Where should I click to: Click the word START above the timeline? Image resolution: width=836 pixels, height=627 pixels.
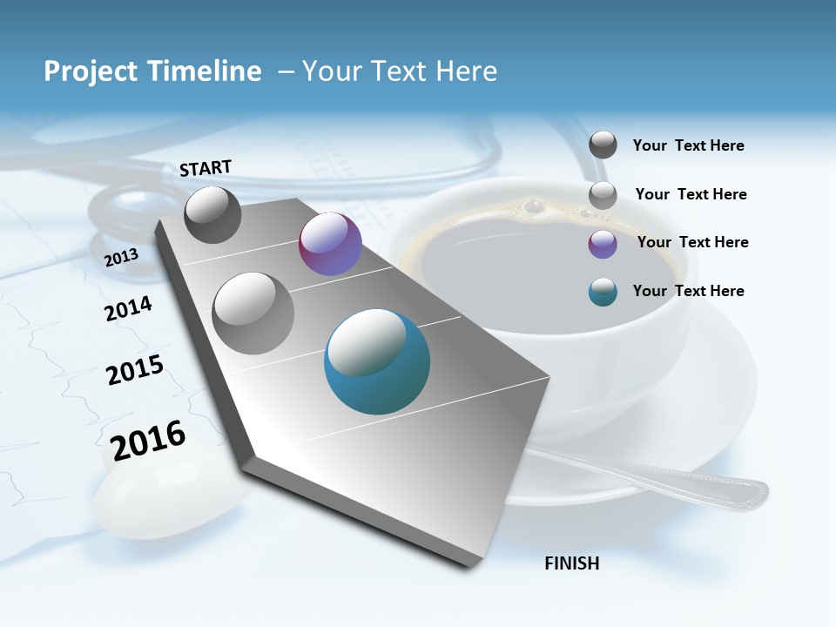tap(206, 168)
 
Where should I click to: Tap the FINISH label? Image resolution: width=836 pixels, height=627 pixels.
tap(571, 563)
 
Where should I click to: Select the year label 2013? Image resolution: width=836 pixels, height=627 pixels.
tap(121, 257)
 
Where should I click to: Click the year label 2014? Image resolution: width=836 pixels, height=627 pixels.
tap(128, 308)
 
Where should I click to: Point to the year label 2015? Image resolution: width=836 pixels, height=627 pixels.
tap(134, 370)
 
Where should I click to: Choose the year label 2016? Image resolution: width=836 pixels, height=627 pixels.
tap(148, 441)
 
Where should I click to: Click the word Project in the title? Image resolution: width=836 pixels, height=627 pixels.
tap(91, 71)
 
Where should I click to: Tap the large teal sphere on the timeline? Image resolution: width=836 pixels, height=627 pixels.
tap(376, 361)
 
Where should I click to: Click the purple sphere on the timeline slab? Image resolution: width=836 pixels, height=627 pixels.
tap(330, 244)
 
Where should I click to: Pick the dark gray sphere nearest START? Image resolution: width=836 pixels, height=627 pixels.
tap(212, 214)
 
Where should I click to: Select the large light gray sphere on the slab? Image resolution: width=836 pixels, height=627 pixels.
tap(253, 313)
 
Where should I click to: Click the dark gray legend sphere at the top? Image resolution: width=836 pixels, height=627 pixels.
tap(603, 145)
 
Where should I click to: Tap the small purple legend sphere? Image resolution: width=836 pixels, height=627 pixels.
tap(603, 244)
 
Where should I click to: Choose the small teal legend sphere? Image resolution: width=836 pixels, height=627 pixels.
tap(603, 292)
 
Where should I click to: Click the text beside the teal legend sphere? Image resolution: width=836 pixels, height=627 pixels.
tap(688, 291)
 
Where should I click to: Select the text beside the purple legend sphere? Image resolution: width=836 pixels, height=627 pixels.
tap(692, 242)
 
